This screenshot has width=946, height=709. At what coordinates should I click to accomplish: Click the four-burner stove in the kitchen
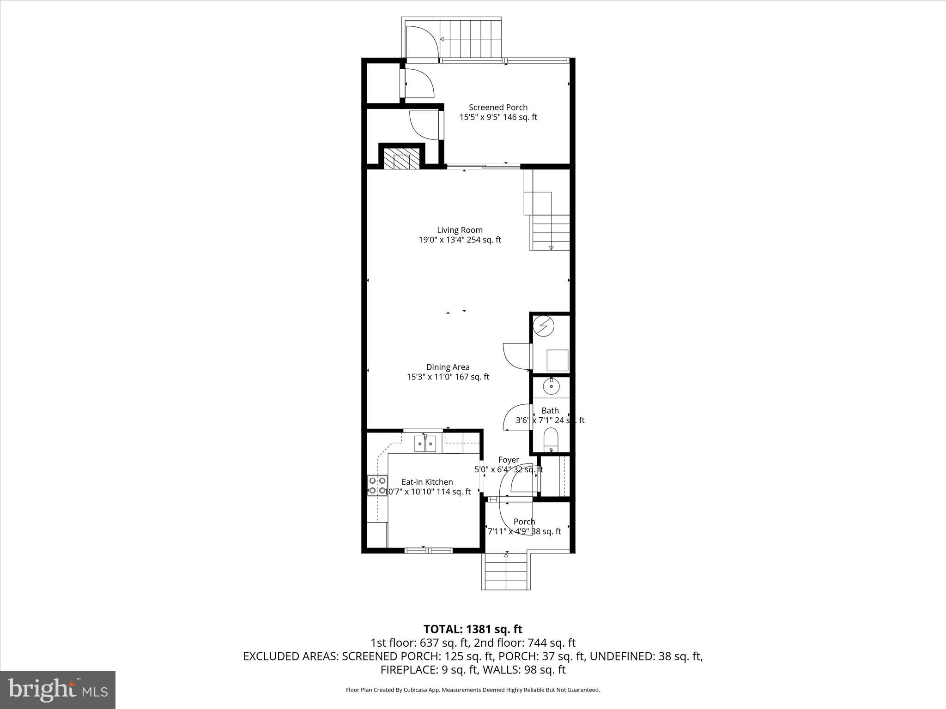pos(377,486)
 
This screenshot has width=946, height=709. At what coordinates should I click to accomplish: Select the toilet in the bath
pos(551,439)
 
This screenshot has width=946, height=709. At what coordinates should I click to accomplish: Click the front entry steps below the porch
pos(506,572)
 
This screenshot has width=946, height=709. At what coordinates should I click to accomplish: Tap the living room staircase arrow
pos(551,247)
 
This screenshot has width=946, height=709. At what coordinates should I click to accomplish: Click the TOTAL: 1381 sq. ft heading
pos(473,629)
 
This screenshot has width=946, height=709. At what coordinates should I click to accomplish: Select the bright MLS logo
pos(58,690)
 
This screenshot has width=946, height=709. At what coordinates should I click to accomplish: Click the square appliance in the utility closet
pos(557,360)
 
